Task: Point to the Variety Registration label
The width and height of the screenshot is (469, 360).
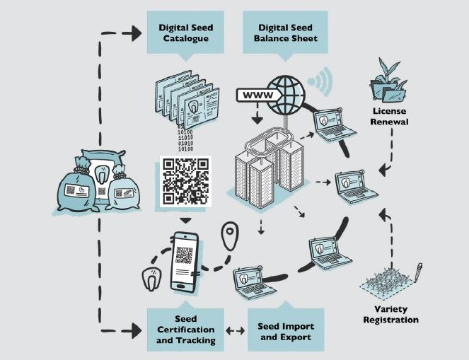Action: (391, 315)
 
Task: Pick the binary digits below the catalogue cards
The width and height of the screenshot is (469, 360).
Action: (185, 140)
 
